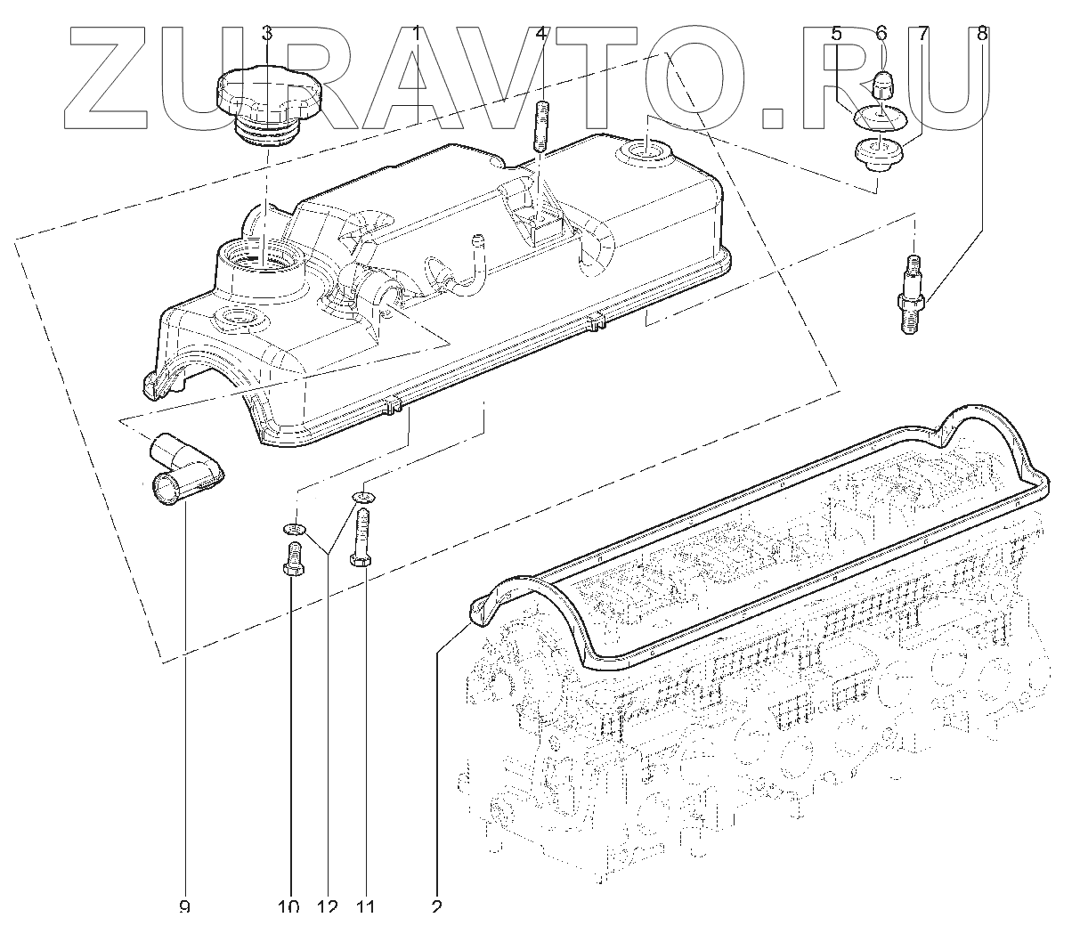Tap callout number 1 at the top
(416, 33)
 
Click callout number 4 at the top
(541, 33)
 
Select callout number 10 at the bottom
(288, 907)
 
